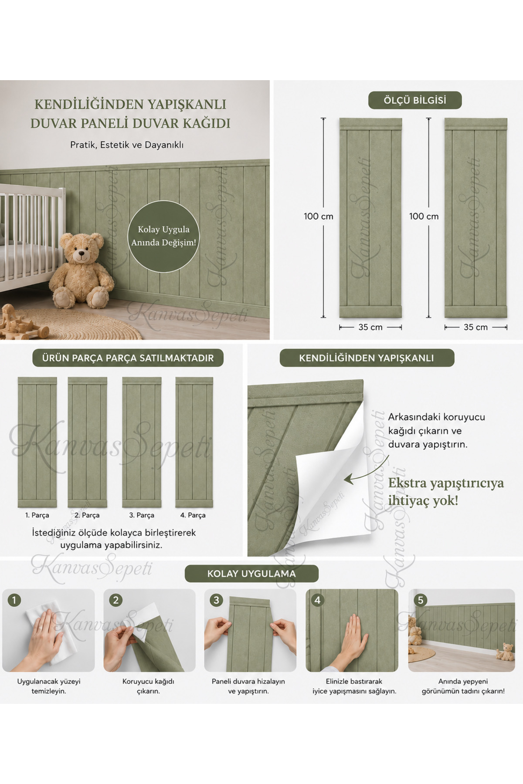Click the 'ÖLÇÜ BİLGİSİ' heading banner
pyautogui.click(x=414, y=100)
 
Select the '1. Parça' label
pyautogui.click(x=37, y=515)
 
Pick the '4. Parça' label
pyautogui.click(x=193, y=515)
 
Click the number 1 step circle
pyautogui.click(x=14, y=600)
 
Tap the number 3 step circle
pyautogui.click(x=216, y=600)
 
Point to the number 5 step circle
pyautogui.click(x=420, y=600)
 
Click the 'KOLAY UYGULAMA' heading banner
pyautogui.click(x=251, y=574)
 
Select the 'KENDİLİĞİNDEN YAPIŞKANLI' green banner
pyautogui.click(x=367, y=358)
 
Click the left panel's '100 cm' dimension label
pyautogui.click(x=319, y=216)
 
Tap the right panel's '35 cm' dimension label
pyautogui.click(x=475, y=327)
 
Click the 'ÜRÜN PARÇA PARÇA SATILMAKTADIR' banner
pyautogui.click(x=128, y=358)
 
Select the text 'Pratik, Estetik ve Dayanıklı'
pyautogui.click(x=127, y=145)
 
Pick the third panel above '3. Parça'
pyautogui.click(x=142, y=442)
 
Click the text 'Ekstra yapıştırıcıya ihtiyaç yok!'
pyautogui.click(x=446, y=492)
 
